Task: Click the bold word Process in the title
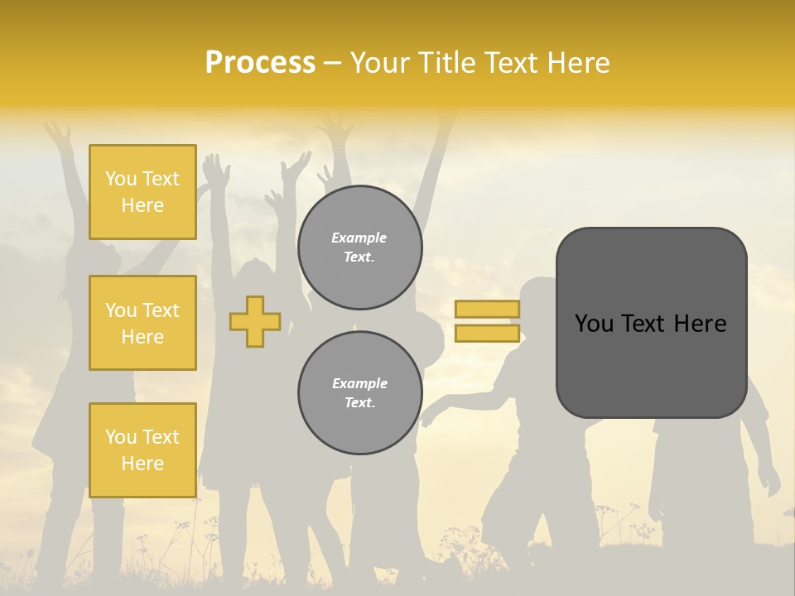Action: (260, 63)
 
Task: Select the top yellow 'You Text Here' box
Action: (142, 192)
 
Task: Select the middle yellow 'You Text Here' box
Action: (142, 323)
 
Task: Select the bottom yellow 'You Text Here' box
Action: (142, 450)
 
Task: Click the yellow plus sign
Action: (255, 321)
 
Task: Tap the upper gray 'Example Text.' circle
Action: (359, 248)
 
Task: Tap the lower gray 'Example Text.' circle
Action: (359, 393)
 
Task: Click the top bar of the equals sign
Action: (487, 310)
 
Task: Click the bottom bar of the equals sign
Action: (487, 334)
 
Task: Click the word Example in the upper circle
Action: (359, 238)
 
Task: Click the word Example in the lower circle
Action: (359, 383)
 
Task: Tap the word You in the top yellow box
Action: (121, 179)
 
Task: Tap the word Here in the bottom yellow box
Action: (142, 464)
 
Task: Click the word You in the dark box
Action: (594, 324)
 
